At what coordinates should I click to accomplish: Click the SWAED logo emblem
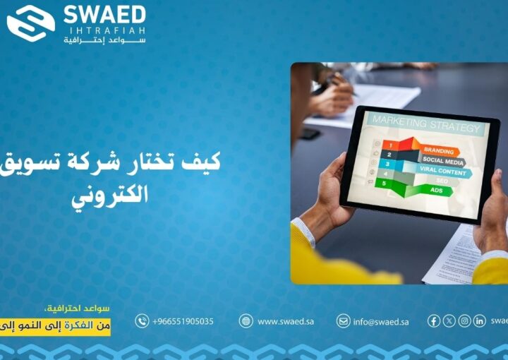[30, 23]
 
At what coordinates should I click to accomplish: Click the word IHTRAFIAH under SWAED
[104, 30]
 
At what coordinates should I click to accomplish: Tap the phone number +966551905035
[183, 321]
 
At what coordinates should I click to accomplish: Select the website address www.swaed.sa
[286, 321]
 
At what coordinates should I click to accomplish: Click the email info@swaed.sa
[381, 321]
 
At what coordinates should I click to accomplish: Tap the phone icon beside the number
[142, 321]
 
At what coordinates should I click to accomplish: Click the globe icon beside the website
[246, 321]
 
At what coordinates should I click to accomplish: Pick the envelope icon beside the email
[343, 321]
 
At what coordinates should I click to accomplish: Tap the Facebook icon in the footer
[434, 321]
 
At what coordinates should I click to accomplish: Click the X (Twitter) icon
[449, 321]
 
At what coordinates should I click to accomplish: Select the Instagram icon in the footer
[464, 321]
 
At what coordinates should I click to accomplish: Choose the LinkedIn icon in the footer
[479, 321]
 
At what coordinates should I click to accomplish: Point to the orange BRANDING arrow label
[439, 151]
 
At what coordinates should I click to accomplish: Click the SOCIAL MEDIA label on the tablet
[442, 162]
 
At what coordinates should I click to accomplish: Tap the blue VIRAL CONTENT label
[443, 172]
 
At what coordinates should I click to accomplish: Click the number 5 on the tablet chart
[385, 183]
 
